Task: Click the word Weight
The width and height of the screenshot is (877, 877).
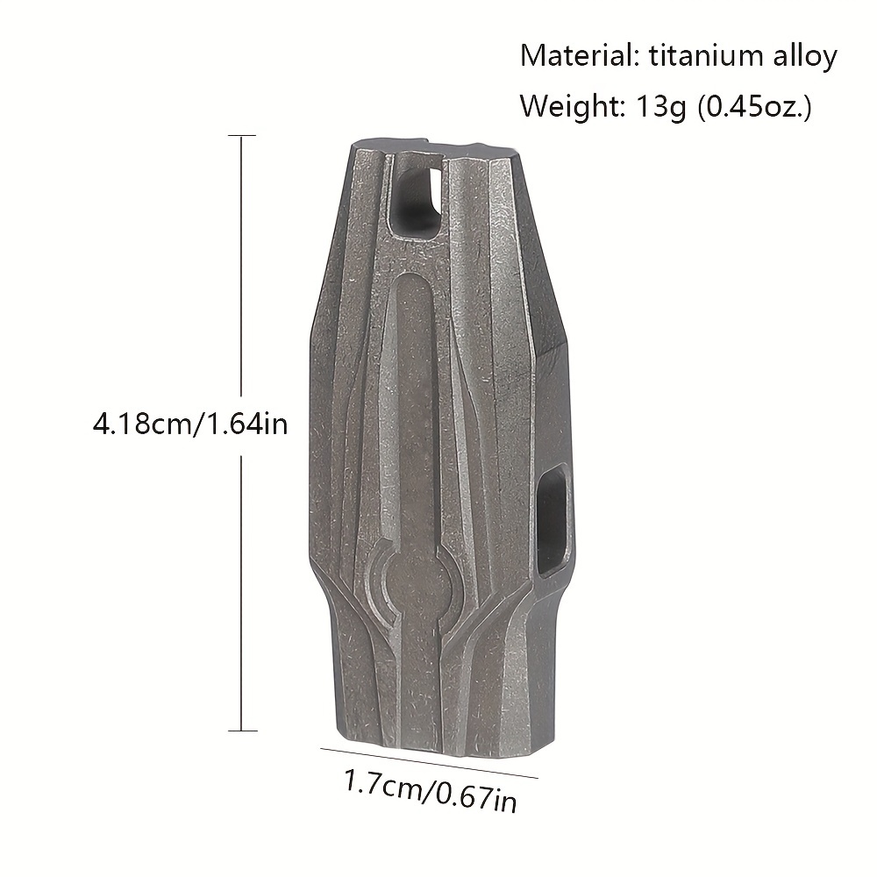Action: pos(573,106)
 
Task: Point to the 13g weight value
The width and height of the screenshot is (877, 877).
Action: pos(660,106)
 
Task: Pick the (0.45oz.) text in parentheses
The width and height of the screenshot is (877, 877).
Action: pos(753,106)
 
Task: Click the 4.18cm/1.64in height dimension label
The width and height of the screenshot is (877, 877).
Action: pos(190,424)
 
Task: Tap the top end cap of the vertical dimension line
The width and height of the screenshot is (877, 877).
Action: pos(242,135)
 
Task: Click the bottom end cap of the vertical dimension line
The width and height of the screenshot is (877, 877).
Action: pos(243,731)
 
